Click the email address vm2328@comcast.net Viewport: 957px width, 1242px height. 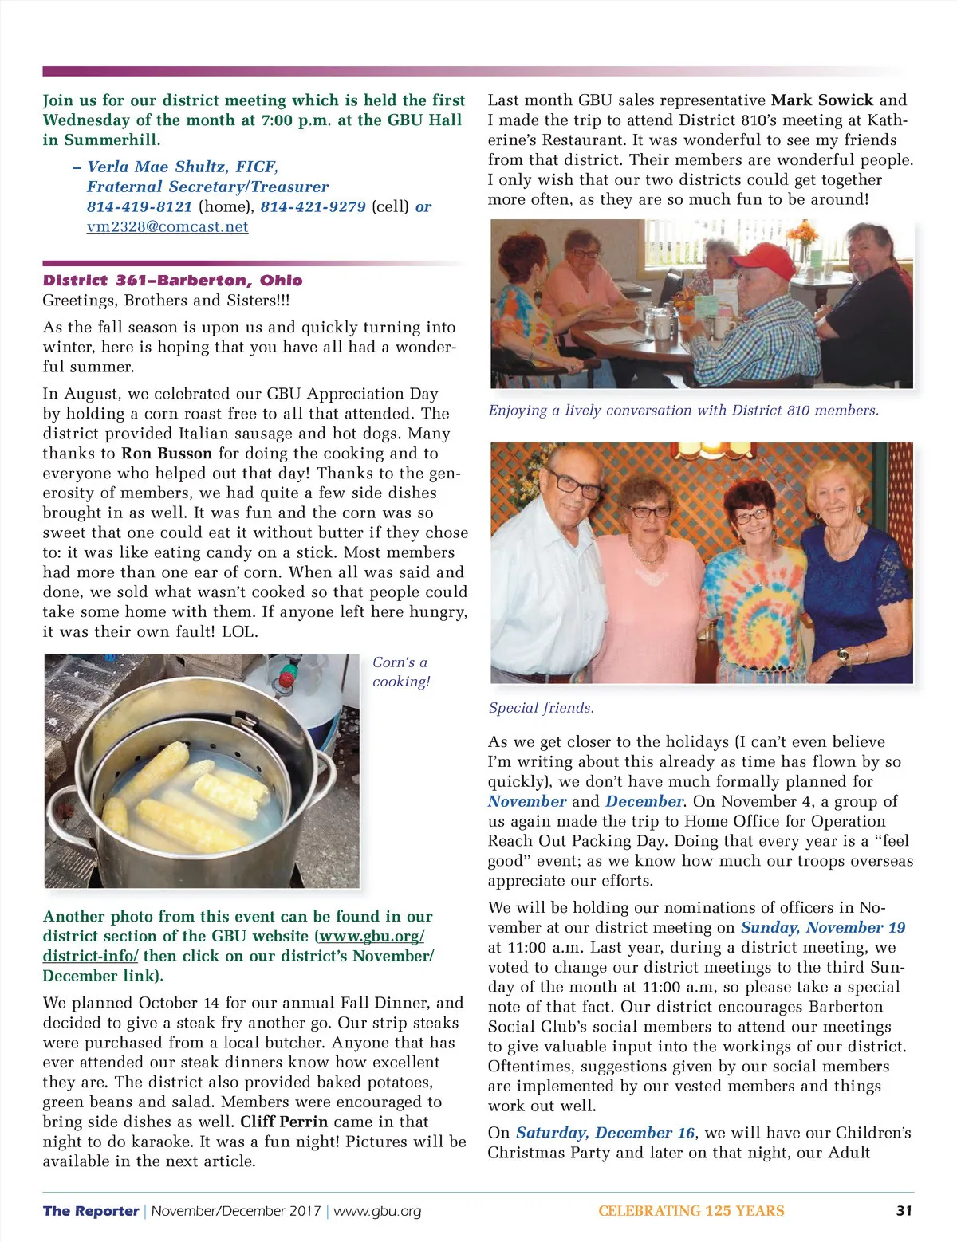click(167, 226)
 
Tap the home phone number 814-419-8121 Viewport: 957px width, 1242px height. click(140, 206)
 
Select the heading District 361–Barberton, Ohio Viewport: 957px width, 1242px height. click(172, 280)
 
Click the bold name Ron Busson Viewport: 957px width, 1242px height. click(167, 453)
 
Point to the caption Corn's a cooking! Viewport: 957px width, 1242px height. click(400, 671)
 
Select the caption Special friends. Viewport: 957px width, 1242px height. click(541, 707)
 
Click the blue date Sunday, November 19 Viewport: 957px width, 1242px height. click(823, 927)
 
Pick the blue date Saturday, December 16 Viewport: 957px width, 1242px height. click(605, 1132)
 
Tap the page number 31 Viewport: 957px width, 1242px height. click(904, 1210)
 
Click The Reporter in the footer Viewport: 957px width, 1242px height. click(91, 1211)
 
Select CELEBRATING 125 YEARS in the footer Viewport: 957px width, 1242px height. click(691, 1211)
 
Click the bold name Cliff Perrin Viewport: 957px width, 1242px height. click(284, 1122)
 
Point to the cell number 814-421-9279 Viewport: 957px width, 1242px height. click(313, 206)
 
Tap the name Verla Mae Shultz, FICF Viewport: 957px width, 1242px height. click(182, 167)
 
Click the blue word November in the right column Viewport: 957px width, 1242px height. click(527, 801)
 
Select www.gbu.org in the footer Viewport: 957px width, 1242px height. click(377, 1211)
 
